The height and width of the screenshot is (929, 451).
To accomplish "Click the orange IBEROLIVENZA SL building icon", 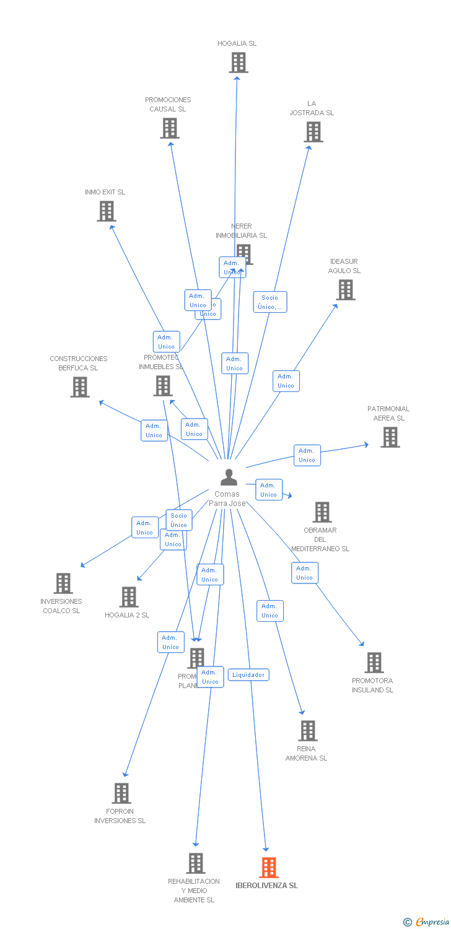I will [269, 867].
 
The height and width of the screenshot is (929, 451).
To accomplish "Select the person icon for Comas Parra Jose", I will [229, 478].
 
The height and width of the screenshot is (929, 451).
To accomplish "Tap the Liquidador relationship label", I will [248, 674].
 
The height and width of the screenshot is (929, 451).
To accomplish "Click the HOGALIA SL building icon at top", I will [239, 63].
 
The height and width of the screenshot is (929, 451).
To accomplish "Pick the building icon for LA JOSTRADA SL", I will [313, 132].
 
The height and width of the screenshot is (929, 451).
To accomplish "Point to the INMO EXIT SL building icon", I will [107, 211].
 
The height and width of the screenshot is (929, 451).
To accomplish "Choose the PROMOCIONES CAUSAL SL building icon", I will [170, 128].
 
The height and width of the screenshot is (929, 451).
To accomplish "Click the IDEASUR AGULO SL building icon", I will [346, 289].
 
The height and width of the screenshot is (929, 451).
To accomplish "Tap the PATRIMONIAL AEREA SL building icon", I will [390, 437].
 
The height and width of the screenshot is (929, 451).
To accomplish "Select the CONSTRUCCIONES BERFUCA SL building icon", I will [80, 387].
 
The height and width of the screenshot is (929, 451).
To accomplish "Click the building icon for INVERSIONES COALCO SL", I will [63, 583].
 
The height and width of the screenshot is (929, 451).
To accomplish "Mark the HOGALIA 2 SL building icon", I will [129, 597].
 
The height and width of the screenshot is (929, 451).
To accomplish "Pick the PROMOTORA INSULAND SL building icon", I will [374, 663].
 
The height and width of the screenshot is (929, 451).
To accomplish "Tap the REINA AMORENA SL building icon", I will [308, 731].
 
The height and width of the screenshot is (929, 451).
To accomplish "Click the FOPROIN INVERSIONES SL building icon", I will [121, 793].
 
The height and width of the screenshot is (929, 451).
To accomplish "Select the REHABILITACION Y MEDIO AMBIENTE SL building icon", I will [196, 863].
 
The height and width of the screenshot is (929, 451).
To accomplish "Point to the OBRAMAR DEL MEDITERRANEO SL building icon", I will [322, 512].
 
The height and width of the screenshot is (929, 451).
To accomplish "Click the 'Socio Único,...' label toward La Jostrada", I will [270, 302].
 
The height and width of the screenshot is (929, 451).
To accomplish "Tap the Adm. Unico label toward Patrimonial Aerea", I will [307, 455].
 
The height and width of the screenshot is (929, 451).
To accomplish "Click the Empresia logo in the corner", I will [427, 922].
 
